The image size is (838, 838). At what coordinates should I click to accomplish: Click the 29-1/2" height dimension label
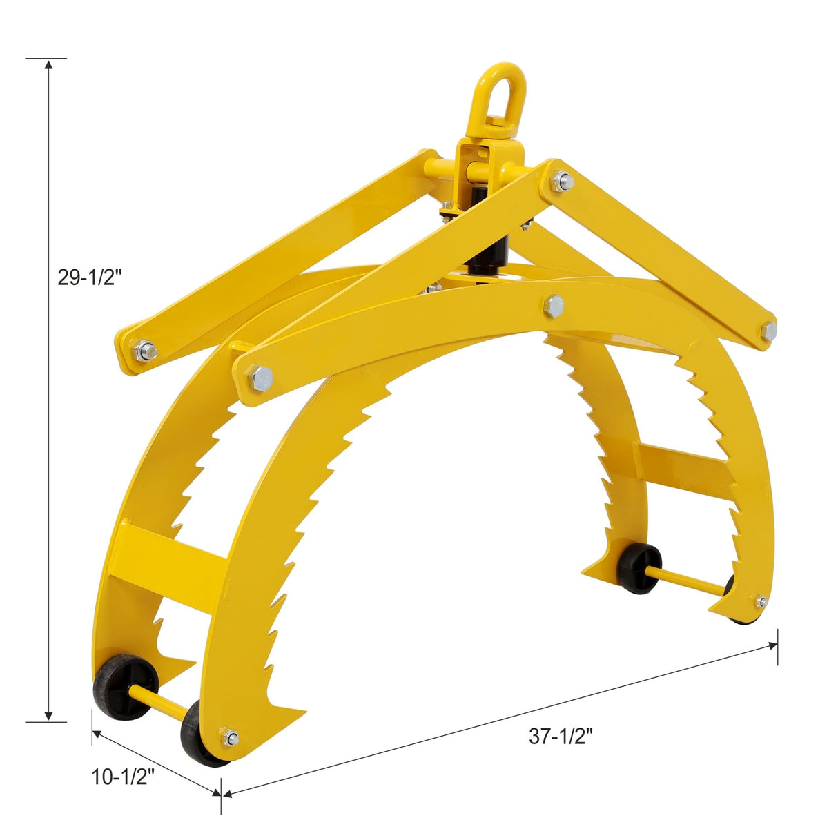click(90, 277)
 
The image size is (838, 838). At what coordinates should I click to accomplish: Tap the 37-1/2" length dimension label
click(561, 737)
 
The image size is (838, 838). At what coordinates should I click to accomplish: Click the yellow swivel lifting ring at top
click(500, 97)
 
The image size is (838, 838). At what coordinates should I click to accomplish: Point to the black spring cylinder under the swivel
click(487, 255)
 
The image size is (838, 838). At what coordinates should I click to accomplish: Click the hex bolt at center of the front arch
click(553, 305)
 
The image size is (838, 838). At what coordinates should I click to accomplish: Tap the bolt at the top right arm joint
click(563, 182)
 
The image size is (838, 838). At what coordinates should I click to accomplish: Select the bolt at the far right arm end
click(768, 331)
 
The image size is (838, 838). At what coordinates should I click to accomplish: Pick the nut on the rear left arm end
click(146, 351)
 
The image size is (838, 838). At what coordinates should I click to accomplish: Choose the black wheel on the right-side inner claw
click(639, 568)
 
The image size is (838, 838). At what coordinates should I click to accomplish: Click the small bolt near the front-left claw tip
click(231, 738)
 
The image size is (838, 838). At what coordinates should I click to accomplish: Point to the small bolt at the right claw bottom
click(761, 601)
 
